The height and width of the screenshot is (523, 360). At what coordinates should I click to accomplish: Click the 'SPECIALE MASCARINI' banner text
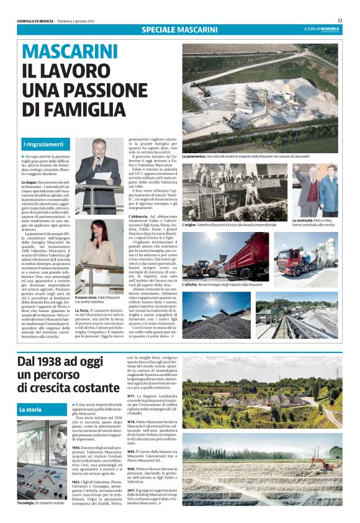click(x=179, y=29)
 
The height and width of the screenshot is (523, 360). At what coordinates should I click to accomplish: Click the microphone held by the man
click(x=97, y=161)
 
